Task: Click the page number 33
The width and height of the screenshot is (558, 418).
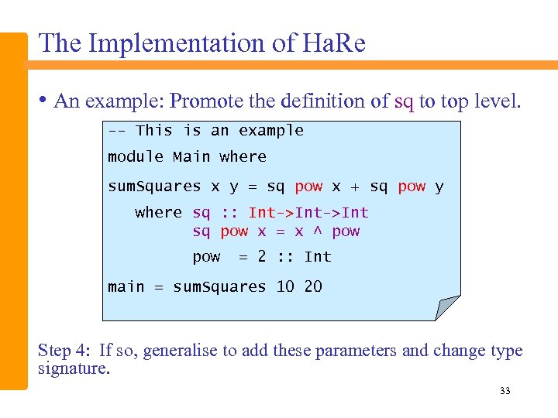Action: (505, 391)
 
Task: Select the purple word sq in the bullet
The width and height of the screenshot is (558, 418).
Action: (404, 101)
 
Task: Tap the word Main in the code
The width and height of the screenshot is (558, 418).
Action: (191, 156)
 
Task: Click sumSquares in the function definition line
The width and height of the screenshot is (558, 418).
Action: (154, 187)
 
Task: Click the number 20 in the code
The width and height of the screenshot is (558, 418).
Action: (313, 286)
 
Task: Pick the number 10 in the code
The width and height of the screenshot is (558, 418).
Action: (285, 286)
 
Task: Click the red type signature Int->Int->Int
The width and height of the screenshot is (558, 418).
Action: (308, 212)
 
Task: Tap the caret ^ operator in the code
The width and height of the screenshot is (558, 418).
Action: (316, 231)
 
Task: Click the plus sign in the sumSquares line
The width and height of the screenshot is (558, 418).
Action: (354, 187)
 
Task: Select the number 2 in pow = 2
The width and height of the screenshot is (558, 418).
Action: (262, 256)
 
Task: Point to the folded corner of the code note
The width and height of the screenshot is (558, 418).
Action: (448, 307)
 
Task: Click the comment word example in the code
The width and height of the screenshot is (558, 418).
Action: (271, 130)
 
